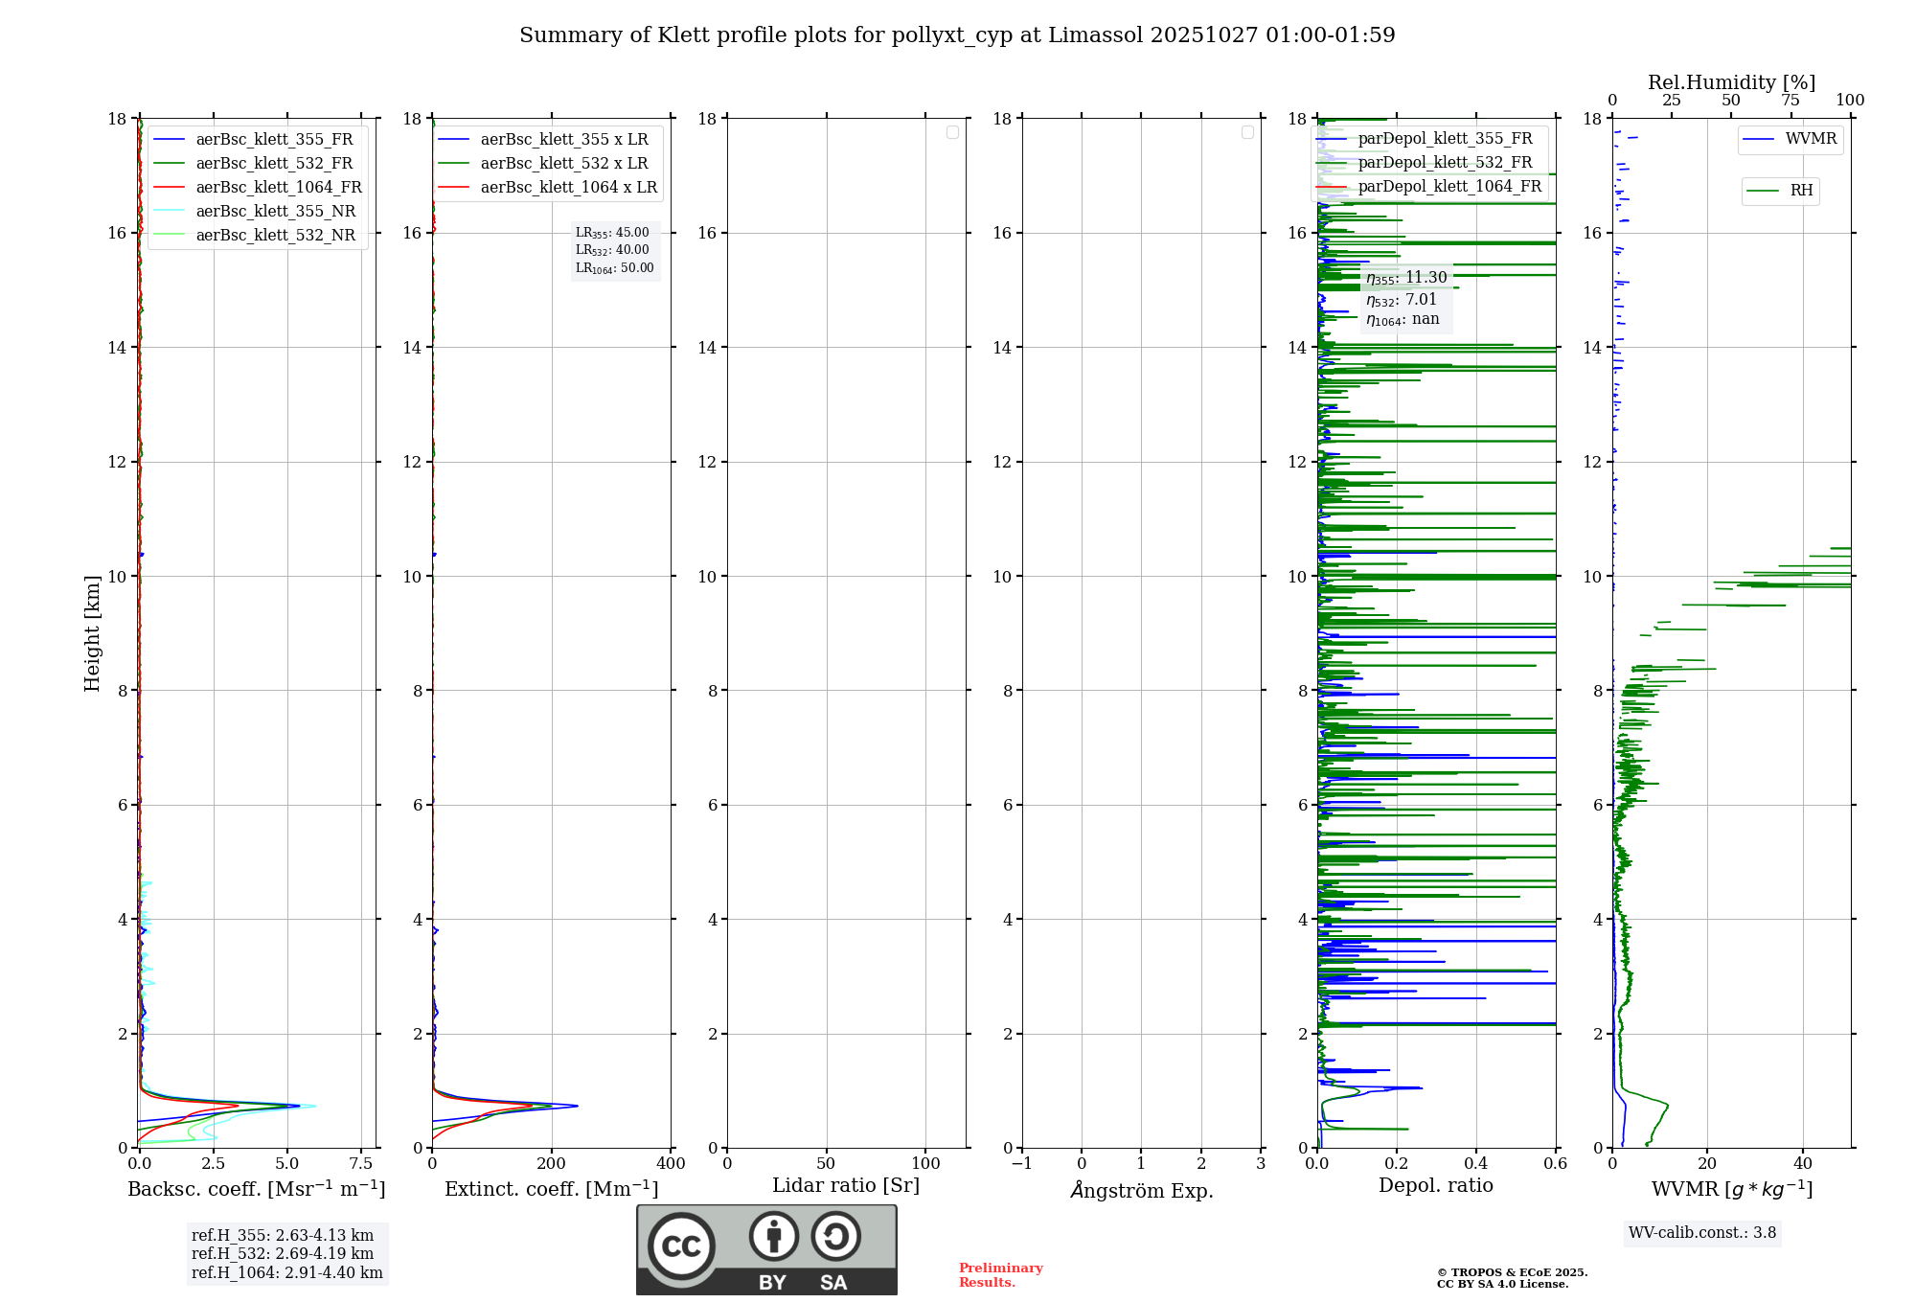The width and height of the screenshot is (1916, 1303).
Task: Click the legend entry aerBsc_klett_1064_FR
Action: pyautogui.click(x=279, y=187)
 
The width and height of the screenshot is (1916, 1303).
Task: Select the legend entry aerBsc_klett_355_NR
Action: pyautogui.click(x=275, y=211)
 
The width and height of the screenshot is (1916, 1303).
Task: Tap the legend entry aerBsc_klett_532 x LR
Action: pyautogui.click(x=563, y=163)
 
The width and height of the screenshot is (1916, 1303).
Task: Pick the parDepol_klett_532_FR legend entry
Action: pyautogui.click(x=1445, y=162)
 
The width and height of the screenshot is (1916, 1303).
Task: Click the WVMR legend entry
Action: pyautogui.click(x=1811, y=139)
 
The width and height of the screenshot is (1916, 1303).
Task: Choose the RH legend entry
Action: pyautogui.click(x=1801, y=191)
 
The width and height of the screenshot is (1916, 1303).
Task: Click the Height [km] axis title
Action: pyautogui.click(x=92, y=633)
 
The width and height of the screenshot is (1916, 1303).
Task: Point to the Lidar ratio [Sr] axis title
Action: pyautogui.click(x=846, y=1185)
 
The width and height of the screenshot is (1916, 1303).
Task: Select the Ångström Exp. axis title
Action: pyautogui.click(x=1141, y=1190)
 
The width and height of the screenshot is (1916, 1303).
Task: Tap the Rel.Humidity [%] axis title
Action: pyautogui.click(x=1731, y=82)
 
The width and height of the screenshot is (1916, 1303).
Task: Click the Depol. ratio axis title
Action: pyautogui.click(x=1435, y=1185)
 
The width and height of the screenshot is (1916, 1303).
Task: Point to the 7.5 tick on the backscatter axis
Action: pyautogui.click(x=361, y=1163)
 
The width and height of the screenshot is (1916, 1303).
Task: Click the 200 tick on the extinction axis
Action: pyautogui.click(x=552, y=1163)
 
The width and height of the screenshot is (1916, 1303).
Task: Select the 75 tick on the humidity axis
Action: pyautogui.click(x=1790, y=101)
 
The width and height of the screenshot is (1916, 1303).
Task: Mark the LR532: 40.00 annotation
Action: pyautogui.click(x=612, y=250)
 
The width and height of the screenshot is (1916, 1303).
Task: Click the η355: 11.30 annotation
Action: pyautogui.click(x=1406, y=278)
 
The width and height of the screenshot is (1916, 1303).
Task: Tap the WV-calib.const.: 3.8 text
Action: pyautogui.click(x=1702, y=1232)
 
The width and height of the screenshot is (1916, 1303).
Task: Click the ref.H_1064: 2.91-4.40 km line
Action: pyautogui.click(x=286, y=1272)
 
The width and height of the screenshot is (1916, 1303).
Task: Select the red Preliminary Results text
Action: pyautogui.click(x=1000, y=1274)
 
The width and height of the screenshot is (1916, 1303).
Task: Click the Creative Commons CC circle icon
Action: pyautogui.click(x=681, y=1246)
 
